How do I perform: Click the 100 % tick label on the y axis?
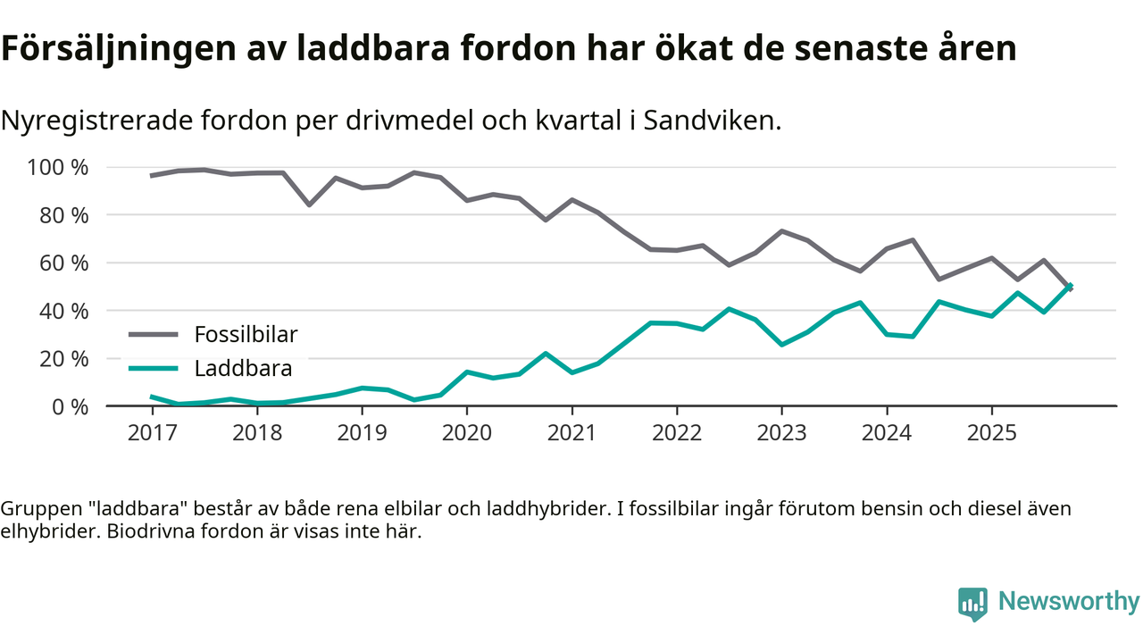(58, 167)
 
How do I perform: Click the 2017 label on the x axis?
(152, 432)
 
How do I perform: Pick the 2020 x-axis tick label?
(466, 432)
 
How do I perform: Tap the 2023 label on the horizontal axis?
(781, 432)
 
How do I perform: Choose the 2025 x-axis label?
(991, 432)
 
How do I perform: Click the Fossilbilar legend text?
(246, 335)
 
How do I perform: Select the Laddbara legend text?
(243, 368)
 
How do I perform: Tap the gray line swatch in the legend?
(154, 335)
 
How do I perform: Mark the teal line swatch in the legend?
(154, 368)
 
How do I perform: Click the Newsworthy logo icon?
(972, 603)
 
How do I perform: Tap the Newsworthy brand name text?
(1069, 602)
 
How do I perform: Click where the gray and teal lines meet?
(1069, 287)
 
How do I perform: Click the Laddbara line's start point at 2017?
(152, 397)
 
